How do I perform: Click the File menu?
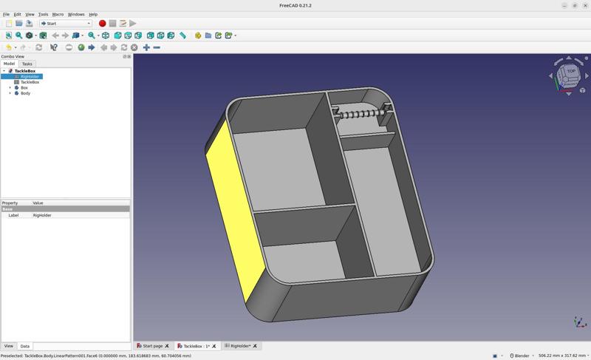pyautogui.click(x=6, y=14)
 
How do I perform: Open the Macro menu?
pyautogui.click(x=58, y=14)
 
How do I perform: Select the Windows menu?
pyautogui.click(x=76, y=14)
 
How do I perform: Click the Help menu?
pyautogui.click(x=93, y=14)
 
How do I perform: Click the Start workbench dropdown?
pyautogui.click(x=66, y=24)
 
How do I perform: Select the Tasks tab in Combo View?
pyautogui.click(x=27, y=64)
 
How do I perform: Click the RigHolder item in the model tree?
pyautogui.click(x=30, y=77)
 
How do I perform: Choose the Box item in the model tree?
pyautogui.click(x=24, y=88)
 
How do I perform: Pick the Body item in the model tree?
pyautogui.click(x=25, y=93)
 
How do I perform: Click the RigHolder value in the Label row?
pyautogui.click(x=42, y=215)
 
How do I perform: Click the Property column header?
pyautogui.click(x=10, y=203)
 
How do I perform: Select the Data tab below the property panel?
pyautogui.click(x=24, y=346)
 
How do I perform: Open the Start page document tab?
pyautogui.click(x=152, y=346)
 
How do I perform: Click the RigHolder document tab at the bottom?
pyautogui.click(x=240, y=346)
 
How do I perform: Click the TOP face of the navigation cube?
pyautogui.click(x=570, y=72)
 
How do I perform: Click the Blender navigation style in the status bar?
pyautogui.click(x=522, y=356)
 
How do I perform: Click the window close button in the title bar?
pyautogui.click(x=585, y=5)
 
